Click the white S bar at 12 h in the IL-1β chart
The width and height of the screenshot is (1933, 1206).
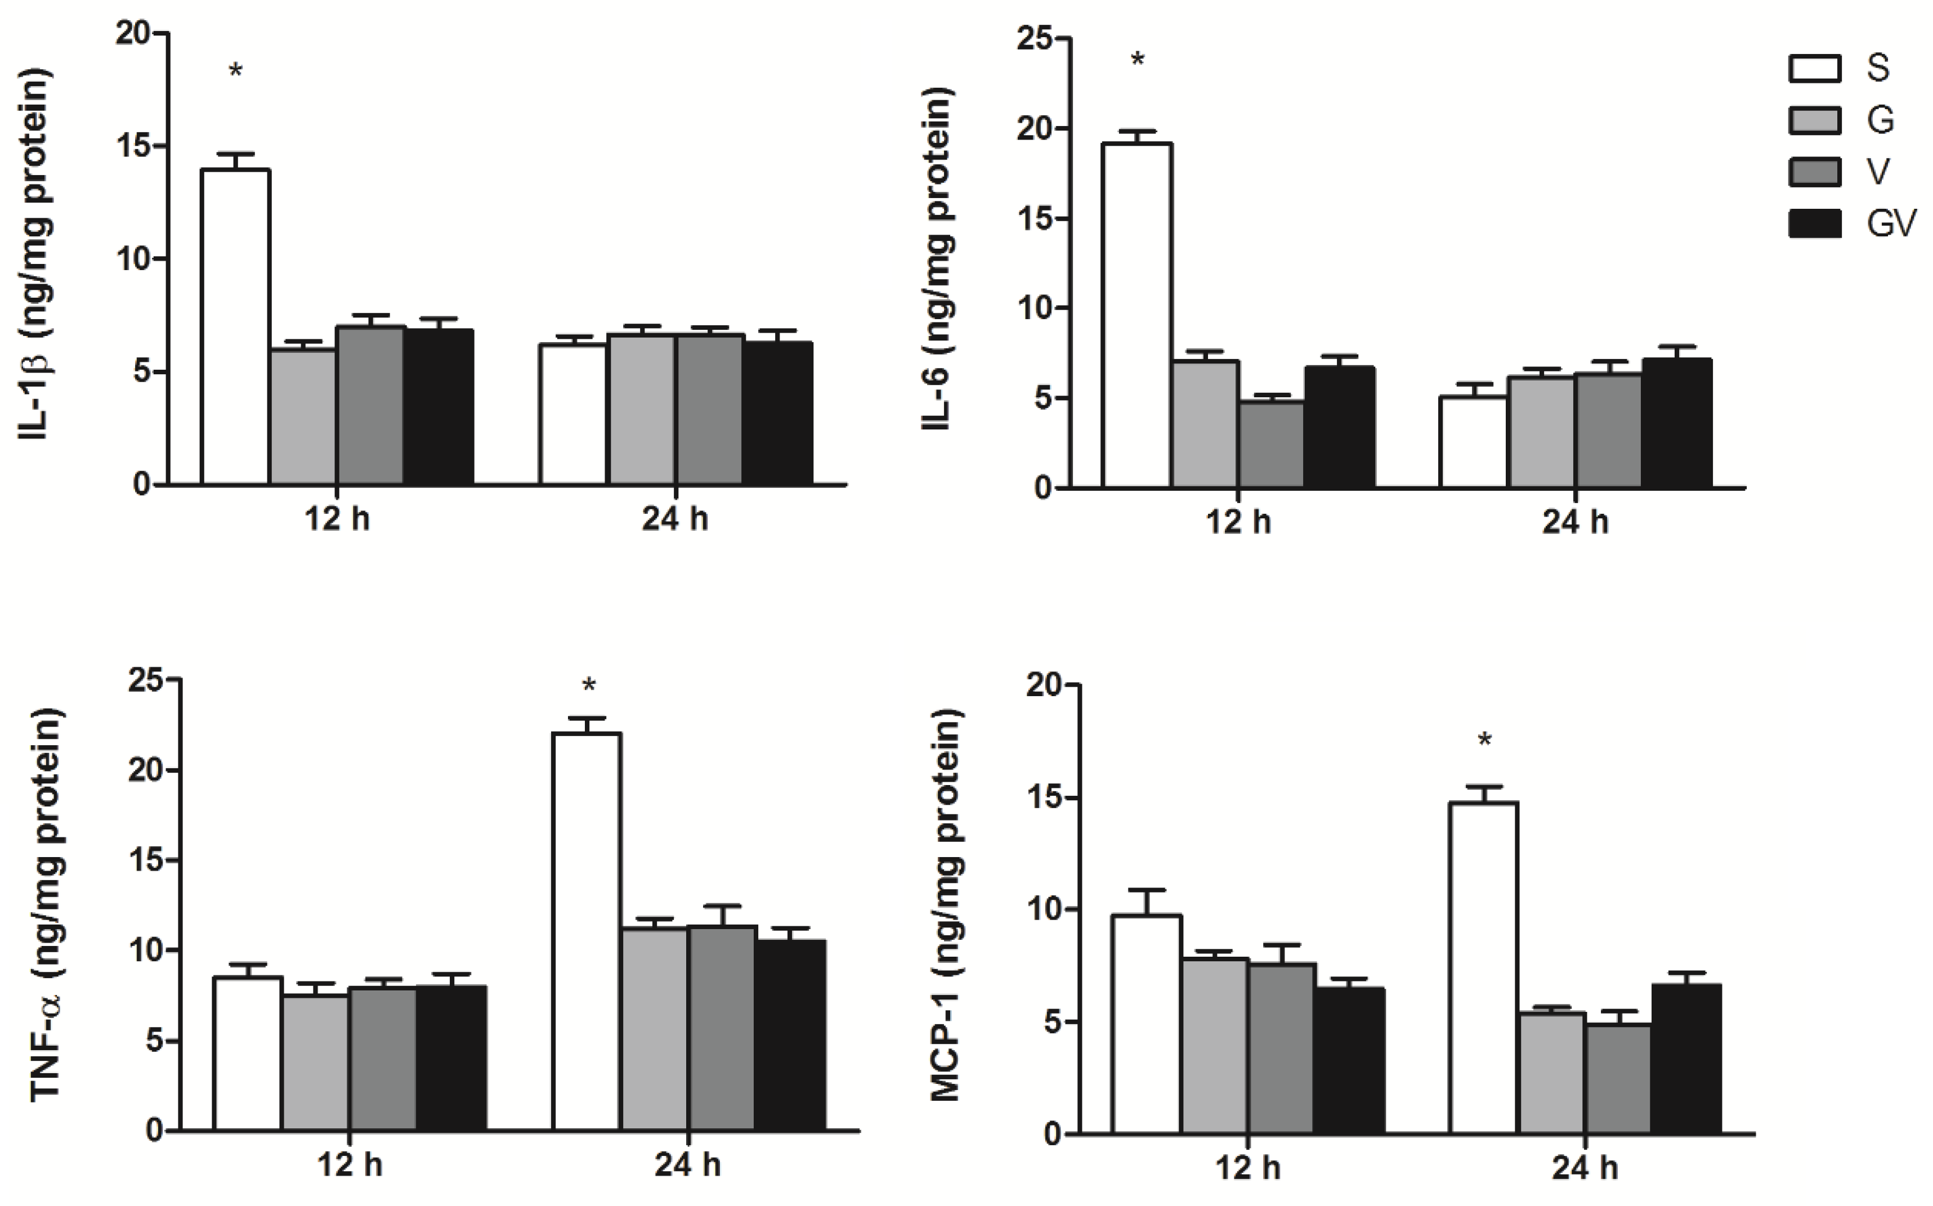235,327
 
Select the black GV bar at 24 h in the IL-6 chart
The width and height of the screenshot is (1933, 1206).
1677,423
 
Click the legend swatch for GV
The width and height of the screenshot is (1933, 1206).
1814,224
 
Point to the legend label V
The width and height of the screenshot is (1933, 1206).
1878,172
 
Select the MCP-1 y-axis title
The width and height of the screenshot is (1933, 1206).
946,905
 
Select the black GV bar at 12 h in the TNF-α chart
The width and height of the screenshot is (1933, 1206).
451,1057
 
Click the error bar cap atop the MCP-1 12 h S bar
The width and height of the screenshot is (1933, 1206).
1147,889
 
